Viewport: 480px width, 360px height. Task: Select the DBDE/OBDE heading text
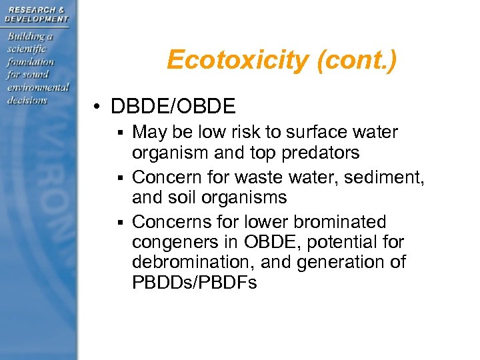coord(173,106)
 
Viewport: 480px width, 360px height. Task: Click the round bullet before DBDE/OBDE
coord(97,106)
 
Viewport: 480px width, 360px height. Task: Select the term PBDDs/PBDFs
coord(194,283)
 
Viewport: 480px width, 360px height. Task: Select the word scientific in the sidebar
coord(27,49)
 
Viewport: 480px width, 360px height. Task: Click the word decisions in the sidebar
coord(27,100)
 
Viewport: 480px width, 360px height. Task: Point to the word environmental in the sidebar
coord(38,87)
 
